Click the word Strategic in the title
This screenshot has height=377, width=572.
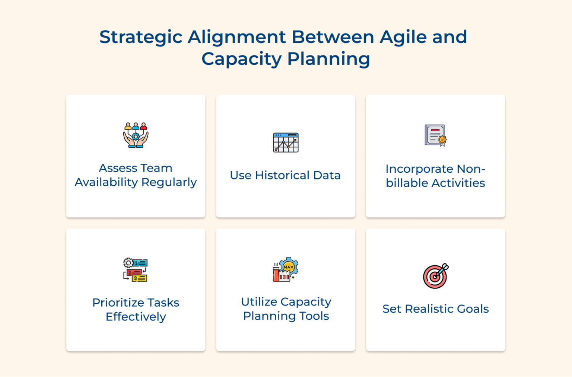[141, 37]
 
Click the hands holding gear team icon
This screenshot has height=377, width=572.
[136, 135]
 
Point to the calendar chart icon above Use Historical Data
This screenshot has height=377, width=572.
[286, 143]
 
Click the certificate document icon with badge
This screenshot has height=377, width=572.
[435, 135]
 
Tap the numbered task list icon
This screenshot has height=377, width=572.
[136, 270]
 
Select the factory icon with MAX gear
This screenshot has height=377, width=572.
[286, 269]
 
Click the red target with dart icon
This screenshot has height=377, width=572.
[435, 276]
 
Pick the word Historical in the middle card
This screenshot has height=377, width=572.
[282, 175]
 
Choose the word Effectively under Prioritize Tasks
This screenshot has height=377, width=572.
[136, 317]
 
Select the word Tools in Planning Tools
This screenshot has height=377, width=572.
[314, 316]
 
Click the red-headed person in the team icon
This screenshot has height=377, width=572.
[143, 126]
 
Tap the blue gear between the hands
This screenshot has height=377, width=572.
[136, 137]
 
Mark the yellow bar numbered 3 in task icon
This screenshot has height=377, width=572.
[140, 278]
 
